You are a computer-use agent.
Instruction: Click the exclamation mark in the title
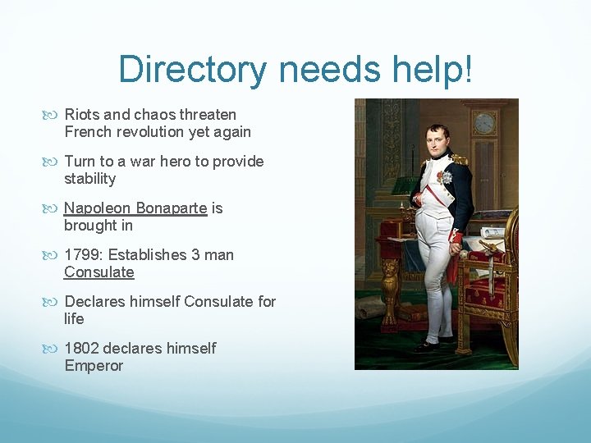[x=469, y=70]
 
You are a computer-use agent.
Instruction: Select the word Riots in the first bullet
[x=81, y=115]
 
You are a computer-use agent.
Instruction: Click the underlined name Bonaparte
[x=172, y=208]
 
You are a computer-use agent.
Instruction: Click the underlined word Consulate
[x=98, y=272]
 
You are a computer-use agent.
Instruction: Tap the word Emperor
[x=94, y=366]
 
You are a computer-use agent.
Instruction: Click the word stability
[x=89, y=179]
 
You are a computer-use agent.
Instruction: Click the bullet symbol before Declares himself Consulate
[x=54, y=302]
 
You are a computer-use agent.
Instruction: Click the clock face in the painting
[x=485, y=123]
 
